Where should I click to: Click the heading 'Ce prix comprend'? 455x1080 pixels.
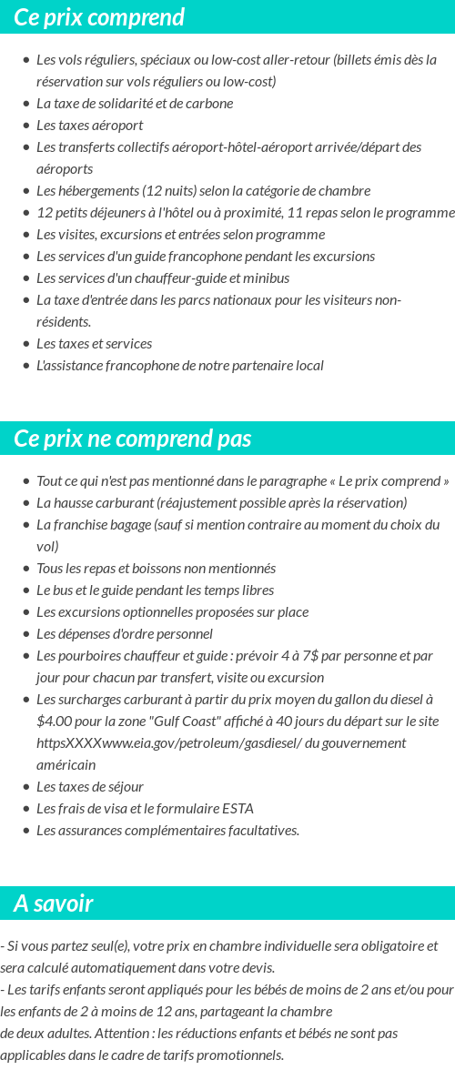[99, 17]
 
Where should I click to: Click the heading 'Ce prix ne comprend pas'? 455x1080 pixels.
[132, 439]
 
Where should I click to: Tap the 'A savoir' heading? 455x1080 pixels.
[53, 903]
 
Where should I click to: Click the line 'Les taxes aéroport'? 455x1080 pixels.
[89, 125]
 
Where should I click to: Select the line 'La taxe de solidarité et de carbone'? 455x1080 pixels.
[135, 103]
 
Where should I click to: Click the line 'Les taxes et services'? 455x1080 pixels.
[94, 343]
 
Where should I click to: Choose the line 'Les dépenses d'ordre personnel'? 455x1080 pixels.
[124, 633]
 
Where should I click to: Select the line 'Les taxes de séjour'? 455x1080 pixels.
[89, 786]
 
